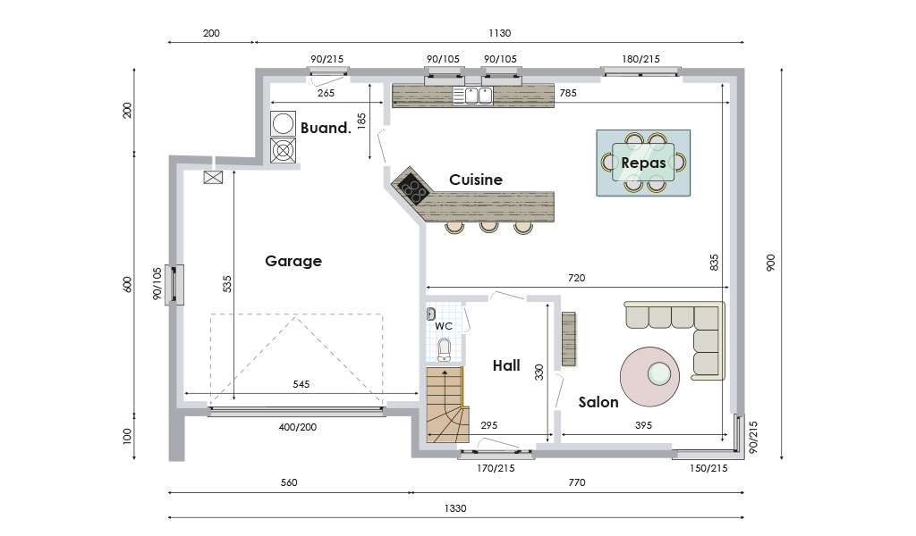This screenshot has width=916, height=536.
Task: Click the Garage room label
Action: [293, 261]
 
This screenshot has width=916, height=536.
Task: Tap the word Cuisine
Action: [476, 180]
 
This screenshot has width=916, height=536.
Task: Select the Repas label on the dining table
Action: [643, 163]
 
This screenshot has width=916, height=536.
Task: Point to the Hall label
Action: [506, 365]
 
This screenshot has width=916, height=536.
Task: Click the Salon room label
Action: [598, 402]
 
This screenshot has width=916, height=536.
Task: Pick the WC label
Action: [444, 326]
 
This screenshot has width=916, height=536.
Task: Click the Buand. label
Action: [326, 128]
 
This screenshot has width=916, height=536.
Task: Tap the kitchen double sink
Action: [472, 95]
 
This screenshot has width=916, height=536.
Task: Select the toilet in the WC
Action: [445, 349]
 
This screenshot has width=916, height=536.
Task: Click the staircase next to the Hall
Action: [447, 404]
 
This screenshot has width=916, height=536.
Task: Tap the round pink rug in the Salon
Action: [649, 376]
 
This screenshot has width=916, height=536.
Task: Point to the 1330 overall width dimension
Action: [455, 508]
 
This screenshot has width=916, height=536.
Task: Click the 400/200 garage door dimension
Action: [297, 427]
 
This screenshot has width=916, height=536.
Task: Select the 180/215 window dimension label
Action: [640, 59]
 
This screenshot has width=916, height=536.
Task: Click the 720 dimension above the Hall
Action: [577, 278]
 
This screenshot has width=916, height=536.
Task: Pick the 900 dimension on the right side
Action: [770, 263]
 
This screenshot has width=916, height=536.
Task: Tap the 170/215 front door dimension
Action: [496, 468]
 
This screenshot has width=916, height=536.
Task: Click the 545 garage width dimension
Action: [301, 384]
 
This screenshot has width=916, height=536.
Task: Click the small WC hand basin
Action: [431, 314]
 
